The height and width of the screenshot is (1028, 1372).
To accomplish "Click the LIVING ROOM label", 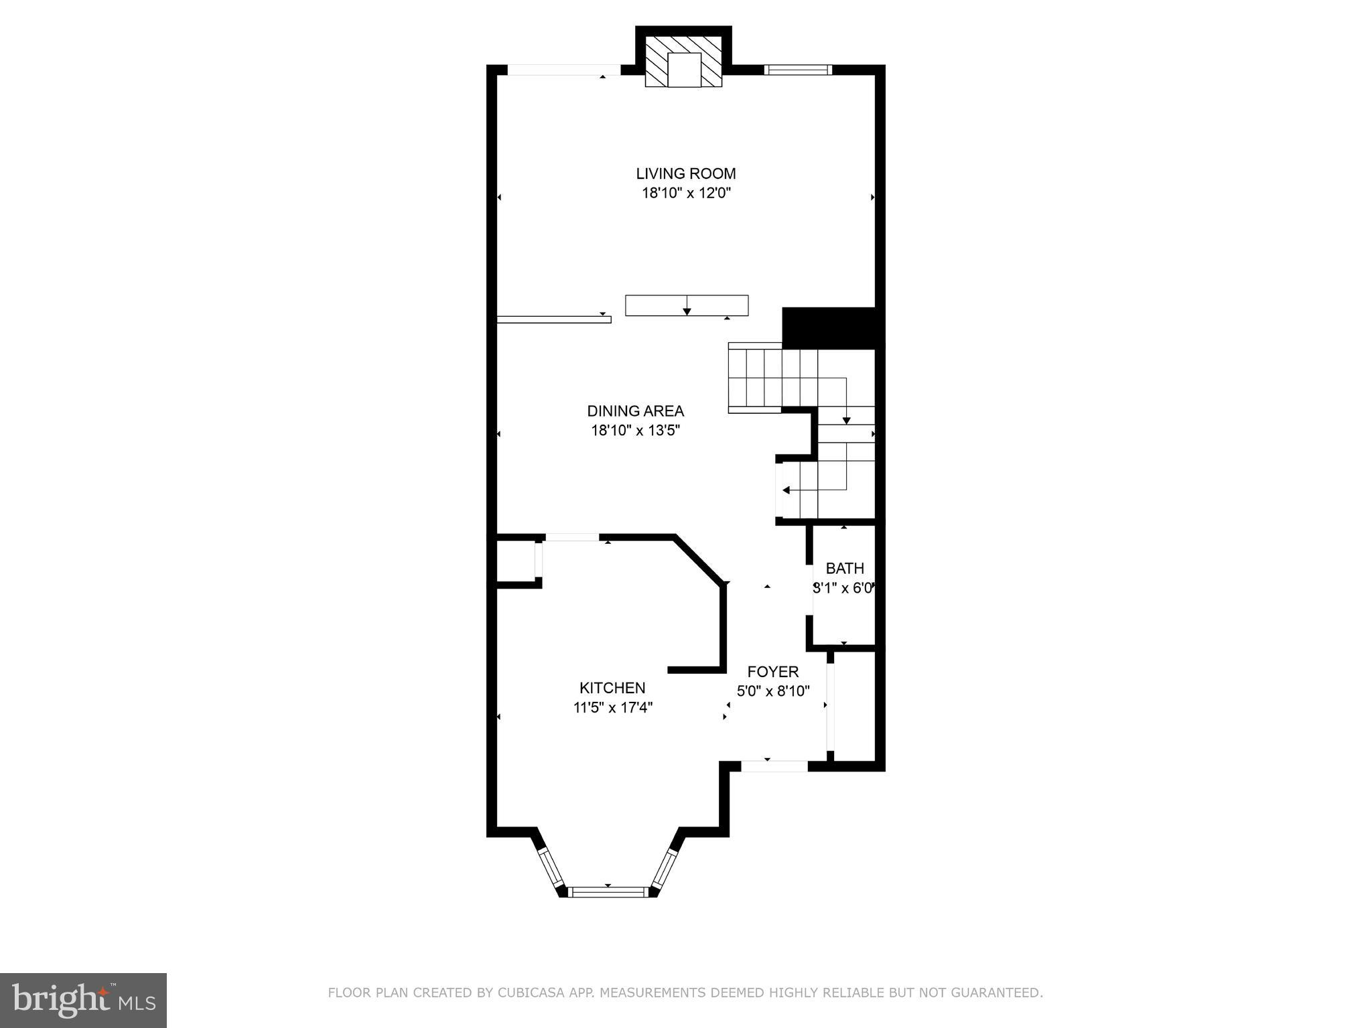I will (685, 173).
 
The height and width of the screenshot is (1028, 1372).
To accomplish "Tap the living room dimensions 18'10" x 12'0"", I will (685, 194).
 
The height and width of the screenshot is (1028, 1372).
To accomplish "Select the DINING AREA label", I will (635, 411).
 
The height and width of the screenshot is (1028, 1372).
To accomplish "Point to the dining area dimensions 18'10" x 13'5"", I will (635, 430).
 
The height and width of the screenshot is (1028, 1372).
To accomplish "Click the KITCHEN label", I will (612, 688).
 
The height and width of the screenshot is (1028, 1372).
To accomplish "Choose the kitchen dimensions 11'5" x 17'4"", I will (612, 707).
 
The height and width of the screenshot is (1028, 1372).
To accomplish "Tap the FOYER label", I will (773, 672).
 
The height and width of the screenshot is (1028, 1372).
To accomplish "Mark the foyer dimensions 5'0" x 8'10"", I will (773, 690).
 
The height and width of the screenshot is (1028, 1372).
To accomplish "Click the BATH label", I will (844, 569).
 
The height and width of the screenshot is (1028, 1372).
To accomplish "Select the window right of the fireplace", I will (797, 70).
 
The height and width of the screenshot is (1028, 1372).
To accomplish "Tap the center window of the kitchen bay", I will (609, 891).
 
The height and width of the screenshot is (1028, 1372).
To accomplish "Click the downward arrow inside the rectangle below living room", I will (687, 310).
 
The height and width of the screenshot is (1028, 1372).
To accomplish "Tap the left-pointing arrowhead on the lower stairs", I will (786, 490).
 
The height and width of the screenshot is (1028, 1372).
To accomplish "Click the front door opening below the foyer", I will (774, 765).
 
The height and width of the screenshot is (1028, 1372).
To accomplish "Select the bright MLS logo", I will (83, 1001).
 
